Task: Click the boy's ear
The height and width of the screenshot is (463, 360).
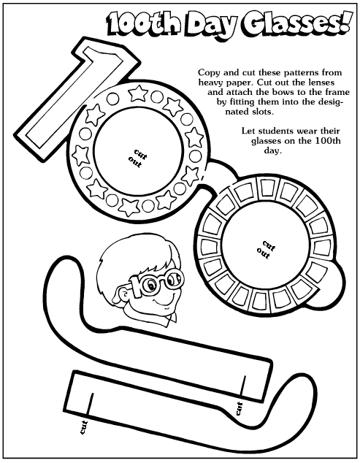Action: (x=122, y=294)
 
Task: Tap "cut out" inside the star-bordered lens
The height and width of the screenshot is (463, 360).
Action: (x=137, y=158)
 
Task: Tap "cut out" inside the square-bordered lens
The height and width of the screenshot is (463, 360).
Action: (x=267, y=250)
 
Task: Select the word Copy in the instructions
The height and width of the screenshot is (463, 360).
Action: (x=208, y=73)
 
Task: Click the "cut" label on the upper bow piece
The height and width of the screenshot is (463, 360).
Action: (x=239, y=408)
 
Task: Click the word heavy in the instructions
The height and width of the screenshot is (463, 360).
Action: (x=209, y=83)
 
